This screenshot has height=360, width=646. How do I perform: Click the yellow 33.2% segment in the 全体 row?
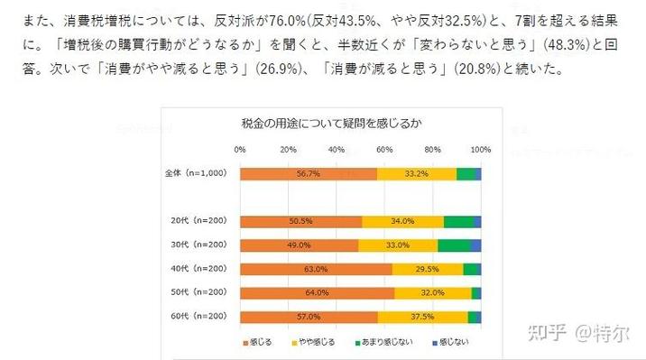click(416, 174)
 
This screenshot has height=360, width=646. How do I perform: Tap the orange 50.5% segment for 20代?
click(300, 221)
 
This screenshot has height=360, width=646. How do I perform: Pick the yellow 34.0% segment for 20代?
click(402, 221)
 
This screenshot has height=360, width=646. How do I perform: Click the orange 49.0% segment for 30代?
click(299, 245)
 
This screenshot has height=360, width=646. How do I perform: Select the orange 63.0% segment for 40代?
click(316, 269)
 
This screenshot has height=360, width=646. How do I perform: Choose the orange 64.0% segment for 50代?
click(317, 292)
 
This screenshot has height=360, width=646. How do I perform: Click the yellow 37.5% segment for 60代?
click(422, 317)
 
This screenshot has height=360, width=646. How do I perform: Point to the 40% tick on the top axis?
click(336, 149)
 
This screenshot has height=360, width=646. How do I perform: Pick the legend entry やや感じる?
click(317, 343)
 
